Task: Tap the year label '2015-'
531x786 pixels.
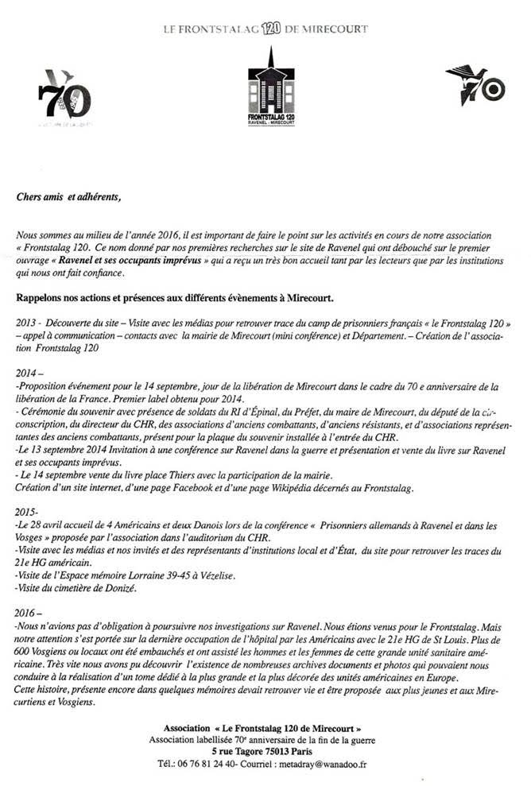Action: (x=27, y=513)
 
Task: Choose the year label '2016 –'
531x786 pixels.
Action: (x=29, y=615)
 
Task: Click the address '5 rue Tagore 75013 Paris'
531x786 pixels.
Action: (x=265, y=752)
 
